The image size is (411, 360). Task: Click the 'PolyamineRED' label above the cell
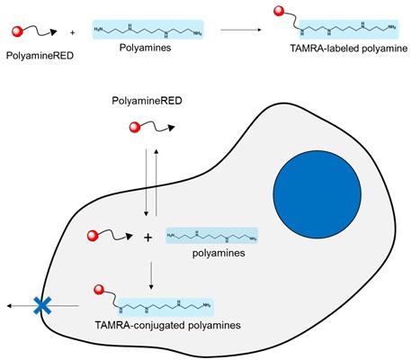tap(148, 104)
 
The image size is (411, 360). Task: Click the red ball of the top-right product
tap(278, 13)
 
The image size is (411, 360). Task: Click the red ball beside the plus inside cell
tap(93, 236)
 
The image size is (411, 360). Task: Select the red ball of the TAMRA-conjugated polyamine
tap(101, 291)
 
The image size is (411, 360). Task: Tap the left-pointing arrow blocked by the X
tap(23, 307)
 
